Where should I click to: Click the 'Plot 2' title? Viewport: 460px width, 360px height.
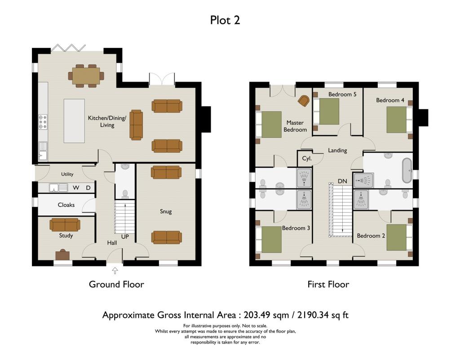click(225, 20)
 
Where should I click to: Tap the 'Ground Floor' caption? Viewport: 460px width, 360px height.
click(116, 284)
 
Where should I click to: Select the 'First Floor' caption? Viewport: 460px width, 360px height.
click(328, 284)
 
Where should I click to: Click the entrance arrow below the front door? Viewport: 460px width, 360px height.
click(115, 270)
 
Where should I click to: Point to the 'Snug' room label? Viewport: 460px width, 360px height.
click(166, 211)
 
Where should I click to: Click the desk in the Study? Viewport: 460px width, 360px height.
click(62, 255)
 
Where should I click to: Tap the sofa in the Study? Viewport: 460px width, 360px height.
click(65, 224)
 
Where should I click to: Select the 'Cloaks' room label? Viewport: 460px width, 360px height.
click(66, 205)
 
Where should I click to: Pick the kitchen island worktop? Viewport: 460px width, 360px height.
click(74, 121)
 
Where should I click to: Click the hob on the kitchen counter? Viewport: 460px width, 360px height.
click(43, 122)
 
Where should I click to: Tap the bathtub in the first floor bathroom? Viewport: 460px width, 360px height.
click(406, 170)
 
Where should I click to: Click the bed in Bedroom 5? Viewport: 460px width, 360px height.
click(329, 111)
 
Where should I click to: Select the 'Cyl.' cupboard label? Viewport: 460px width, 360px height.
click(307, 158)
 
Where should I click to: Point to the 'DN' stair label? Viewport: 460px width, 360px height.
click(342, 181)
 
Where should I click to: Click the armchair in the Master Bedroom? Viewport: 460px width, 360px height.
click(304, 101)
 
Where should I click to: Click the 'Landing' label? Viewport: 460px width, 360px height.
click(337, 150)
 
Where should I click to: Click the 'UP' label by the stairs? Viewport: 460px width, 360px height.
click(125, 236)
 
